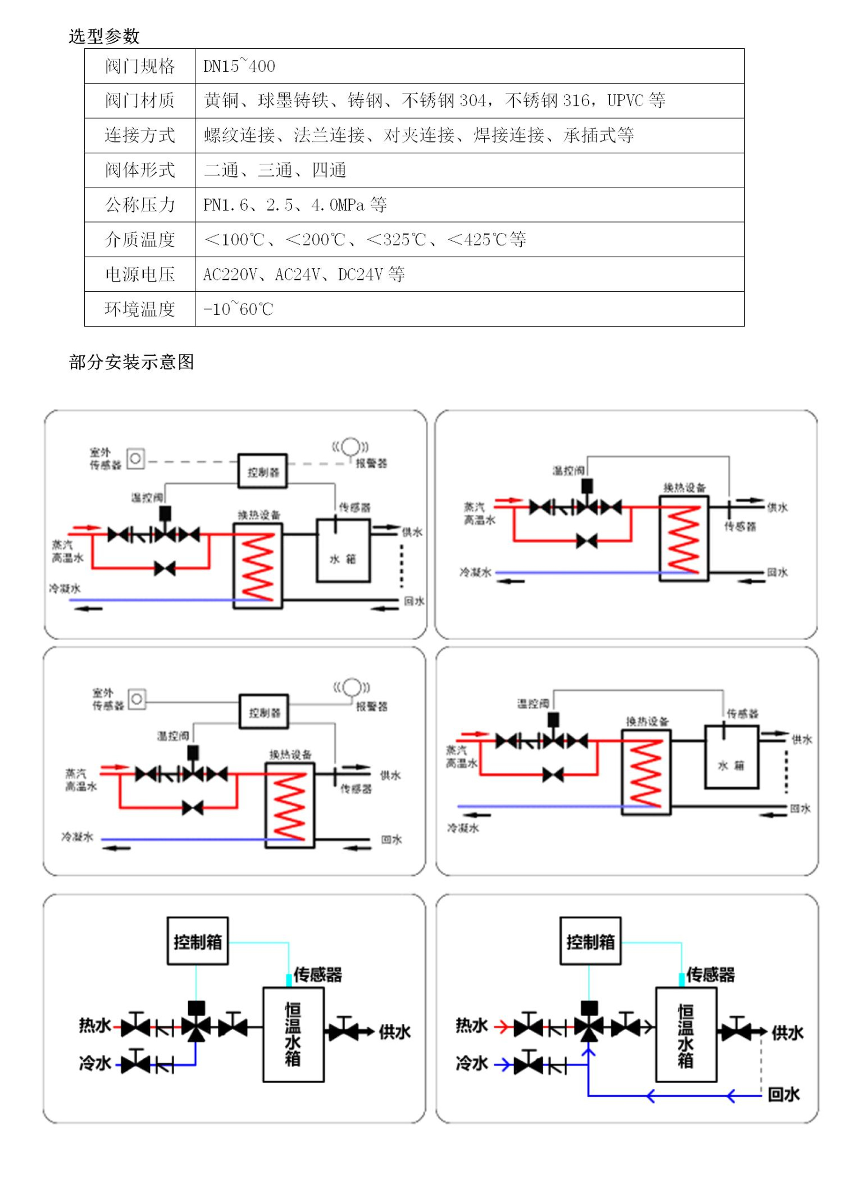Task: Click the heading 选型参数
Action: [104, 37]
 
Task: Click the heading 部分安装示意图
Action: [131, 362]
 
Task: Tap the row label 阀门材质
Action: [140, 100]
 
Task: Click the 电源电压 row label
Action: [140, 274]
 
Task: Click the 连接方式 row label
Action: [140, 135]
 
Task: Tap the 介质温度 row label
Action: [140, 239]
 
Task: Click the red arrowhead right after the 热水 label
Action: [502, 1026]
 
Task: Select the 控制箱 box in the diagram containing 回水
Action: [590, 941]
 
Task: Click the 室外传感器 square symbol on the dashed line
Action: [135, 459]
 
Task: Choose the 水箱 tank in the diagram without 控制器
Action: [732, 765]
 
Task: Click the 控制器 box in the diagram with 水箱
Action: [263, 471]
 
